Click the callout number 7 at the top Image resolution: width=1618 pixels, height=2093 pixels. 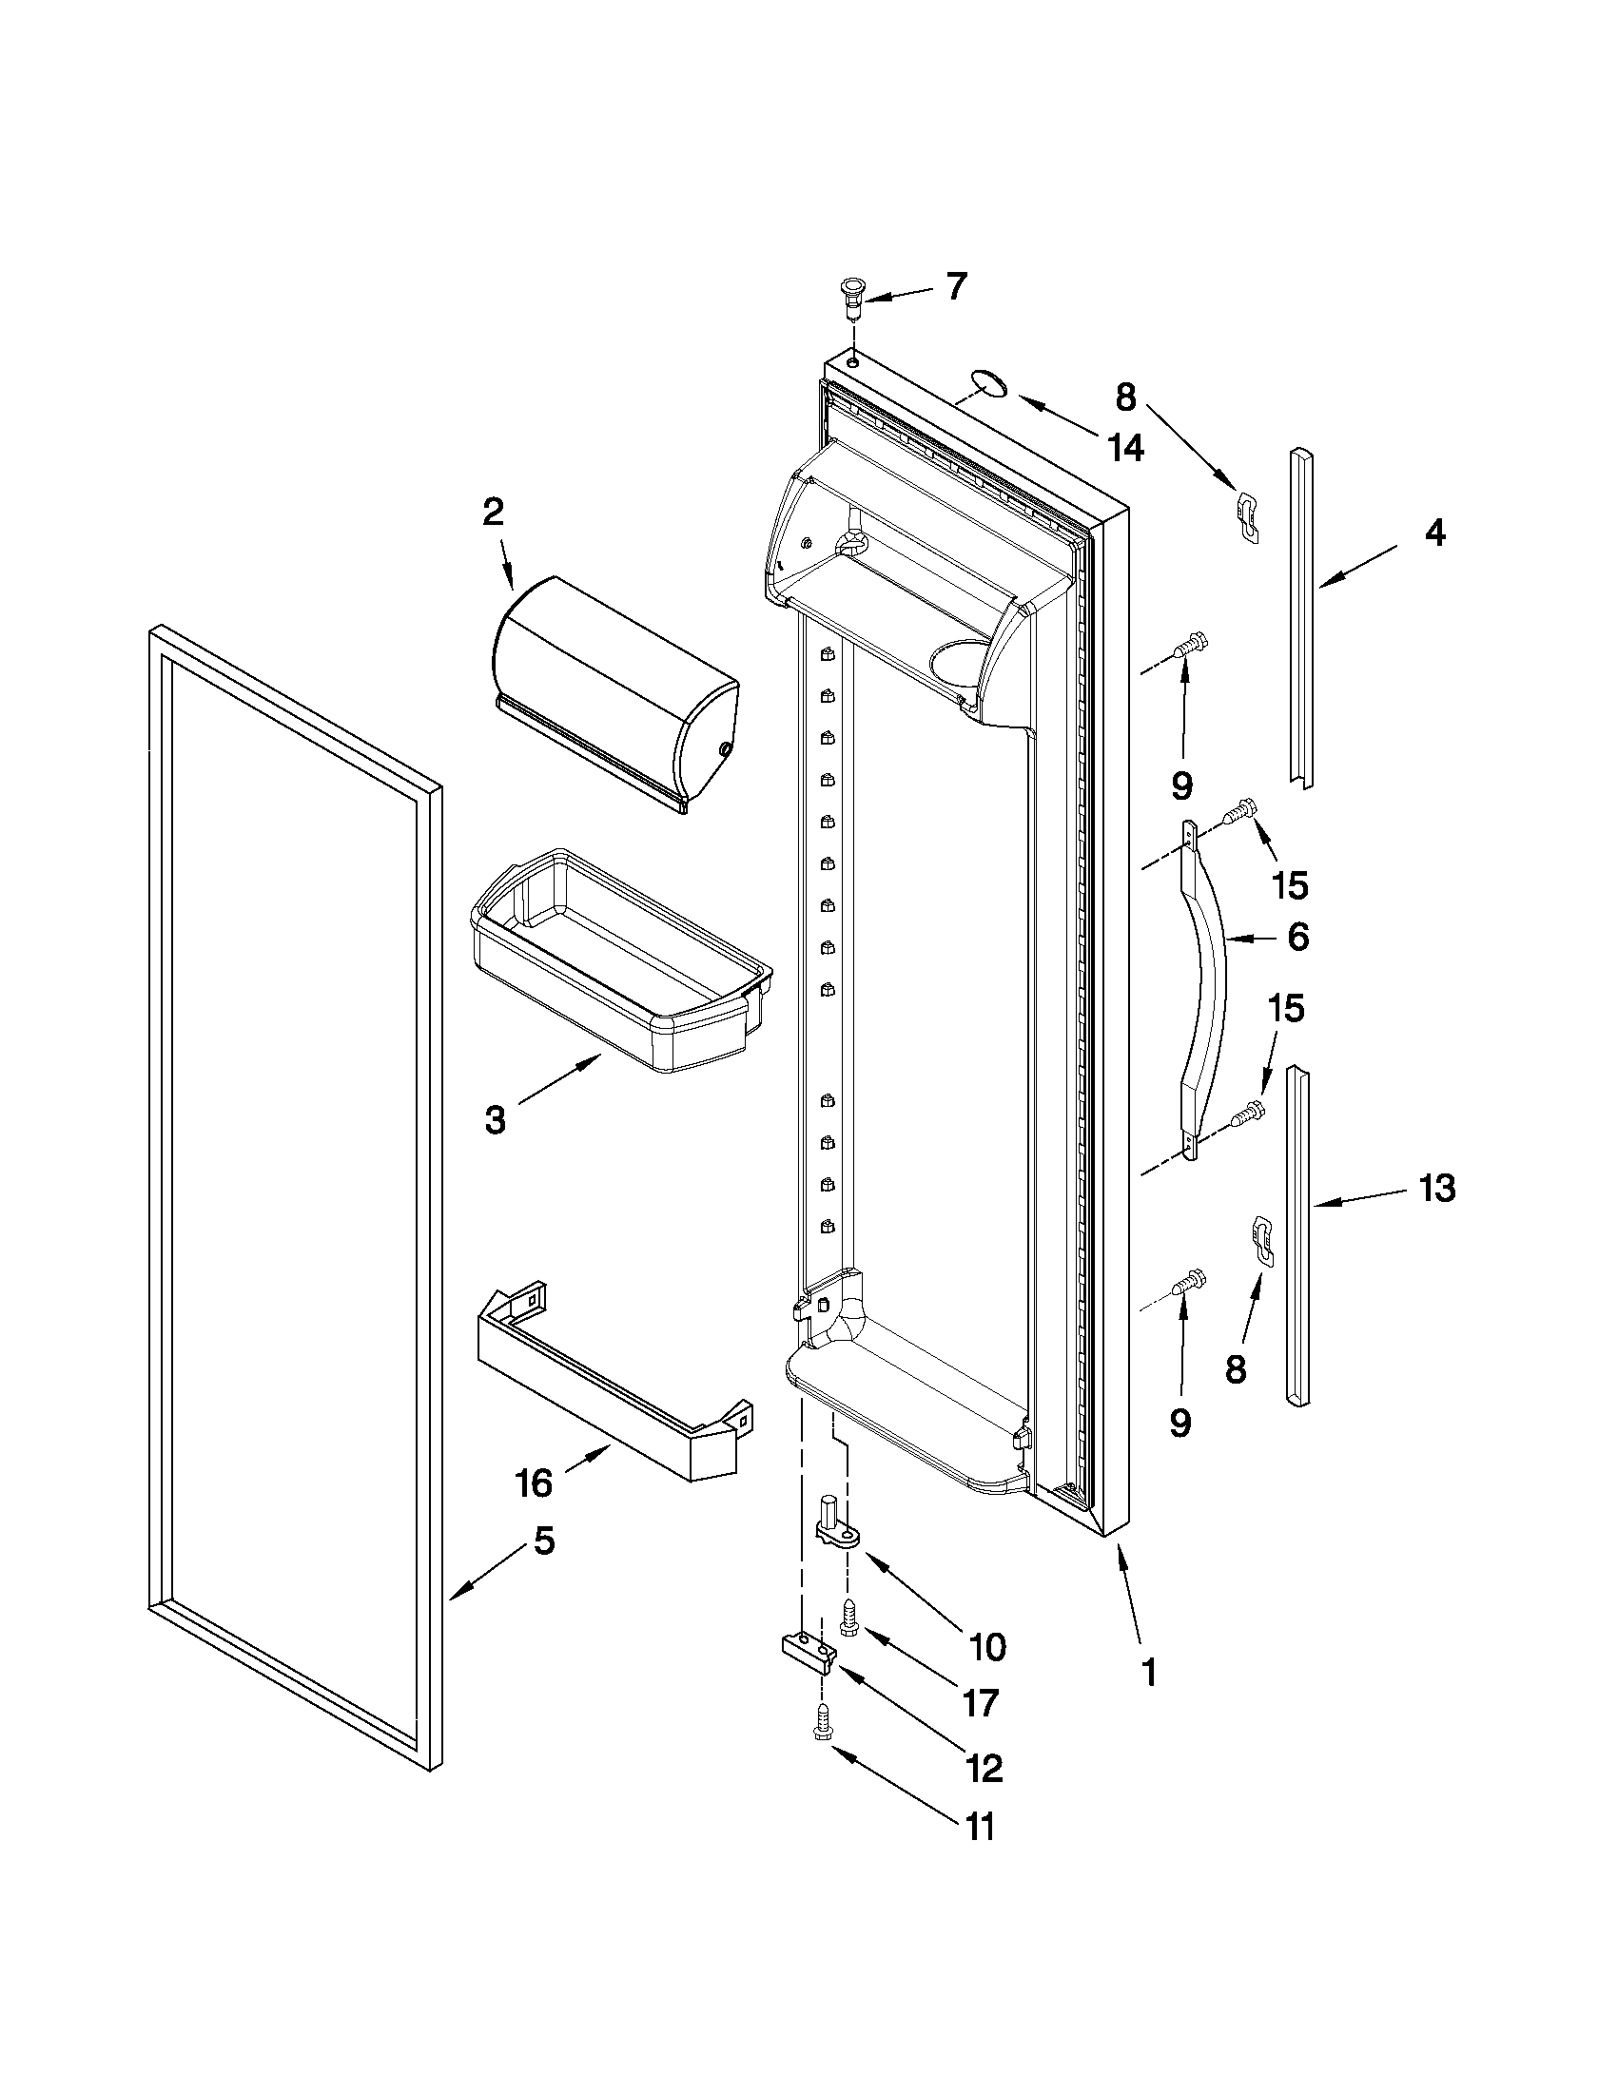click(956, 286)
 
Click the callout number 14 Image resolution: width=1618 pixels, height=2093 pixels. click(1125, 447)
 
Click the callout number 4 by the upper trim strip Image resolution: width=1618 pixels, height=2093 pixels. click(1434, 533)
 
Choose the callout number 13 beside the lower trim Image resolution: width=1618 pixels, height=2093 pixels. click(1437, 1189)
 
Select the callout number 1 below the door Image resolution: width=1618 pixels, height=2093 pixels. click(1148, 1674)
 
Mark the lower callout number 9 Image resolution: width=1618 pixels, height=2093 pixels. click(1179, 1424)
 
